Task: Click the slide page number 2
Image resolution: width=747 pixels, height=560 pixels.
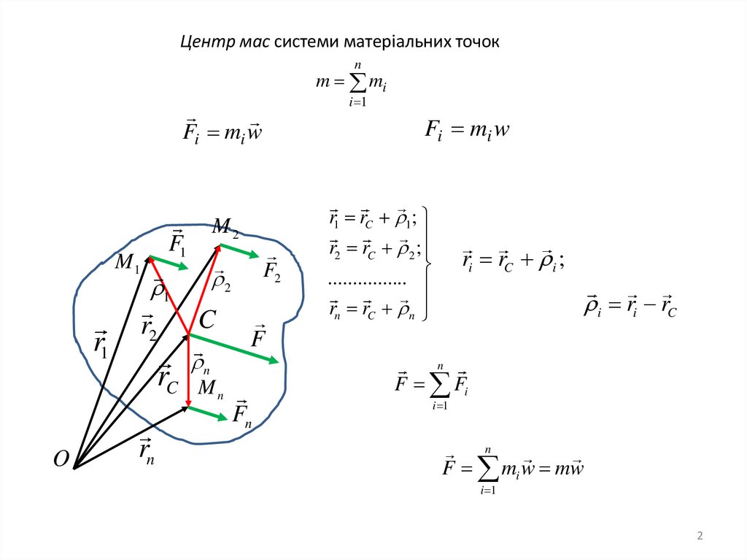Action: pyautogui.click(x=700, y=537)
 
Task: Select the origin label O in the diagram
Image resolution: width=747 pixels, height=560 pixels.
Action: pyautogui.click(x=61, y=459)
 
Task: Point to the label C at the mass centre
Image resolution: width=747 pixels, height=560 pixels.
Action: pyautogui.click(x=208, y=319)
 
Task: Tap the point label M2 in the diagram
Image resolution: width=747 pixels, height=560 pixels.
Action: pyautogui.click(x=225, y=228)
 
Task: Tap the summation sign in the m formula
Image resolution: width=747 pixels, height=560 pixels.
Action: pyautogui.click(x=357, y=85)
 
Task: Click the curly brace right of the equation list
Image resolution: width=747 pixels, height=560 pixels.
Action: pyautogui.click(x=428, y=264)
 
